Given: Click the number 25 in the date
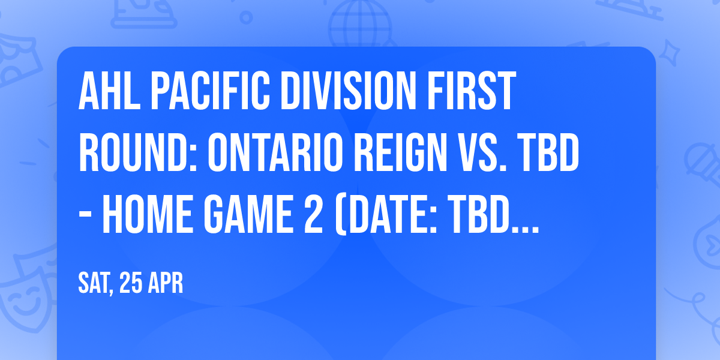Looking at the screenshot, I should tap(131, 283).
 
